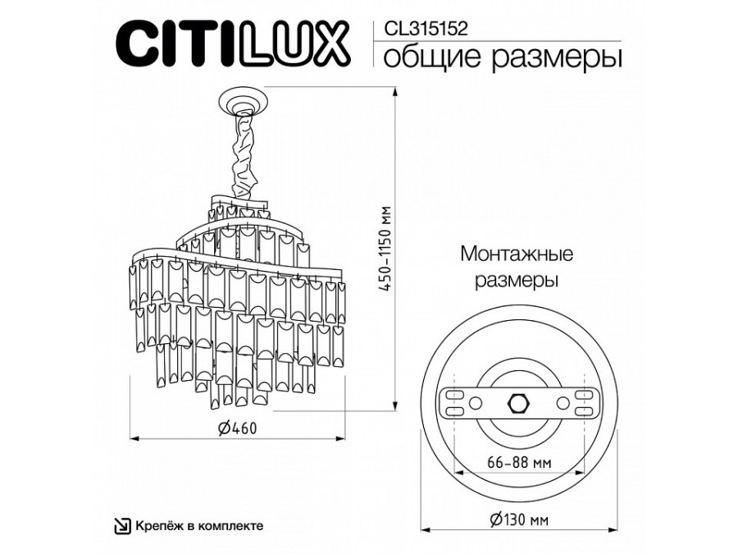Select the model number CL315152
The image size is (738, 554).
click(426, 30)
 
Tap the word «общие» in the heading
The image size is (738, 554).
click(432, 57)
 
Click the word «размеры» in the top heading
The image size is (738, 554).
click(556, 59)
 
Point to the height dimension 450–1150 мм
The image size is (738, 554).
click(386, 249)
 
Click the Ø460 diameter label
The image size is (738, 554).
click(238, 428)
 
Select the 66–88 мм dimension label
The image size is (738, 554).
click(520, 463)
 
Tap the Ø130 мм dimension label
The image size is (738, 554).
click(519, 520)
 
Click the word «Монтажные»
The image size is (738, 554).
click(517, 254)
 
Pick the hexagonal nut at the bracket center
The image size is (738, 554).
click(519, 403)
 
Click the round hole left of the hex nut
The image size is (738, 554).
click(476, 403)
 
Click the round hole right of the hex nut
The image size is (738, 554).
click(562, 403)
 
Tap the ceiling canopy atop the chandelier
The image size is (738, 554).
click(244, 101)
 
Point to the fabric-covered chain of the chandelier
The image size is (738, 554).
click(244, 155)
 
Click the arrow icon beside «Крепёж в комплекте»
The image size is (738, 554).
click(123, 526)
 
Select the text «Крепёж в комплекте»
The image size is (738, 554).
click(199, 526)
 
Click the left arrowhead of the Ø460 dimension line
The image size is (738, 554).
click(135, 439)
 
